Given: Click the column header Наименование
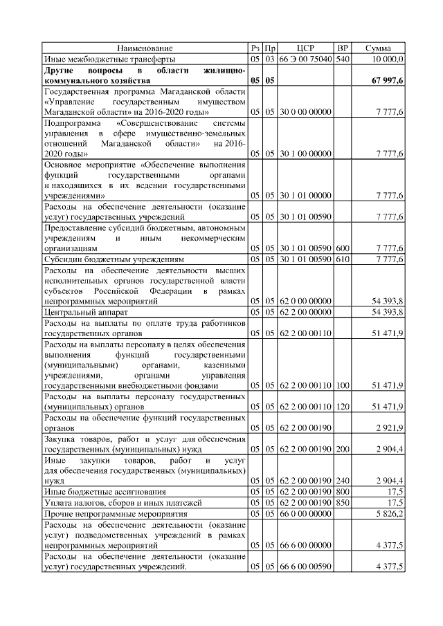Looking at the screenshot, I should pos(145,48).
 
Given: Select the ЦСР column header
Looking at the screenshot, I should pos(305,48).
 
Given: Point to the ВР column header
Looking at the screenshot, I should pos(342,48).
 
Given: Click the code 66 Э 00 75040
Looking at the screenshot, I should pos(305,59).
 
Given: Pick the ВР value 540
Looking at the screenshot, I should pos(342,59).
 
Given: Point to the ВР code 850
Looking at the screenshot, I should pos(342,502).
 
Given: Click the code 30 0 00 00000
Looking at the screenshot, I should pos(305,112).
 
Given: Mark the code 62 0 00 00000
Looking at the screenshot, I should pos(305,302).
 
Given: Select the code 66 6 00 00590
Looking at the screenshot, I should pos(305,568).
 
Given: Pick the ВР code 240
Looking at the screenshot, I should pos(342,480).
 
